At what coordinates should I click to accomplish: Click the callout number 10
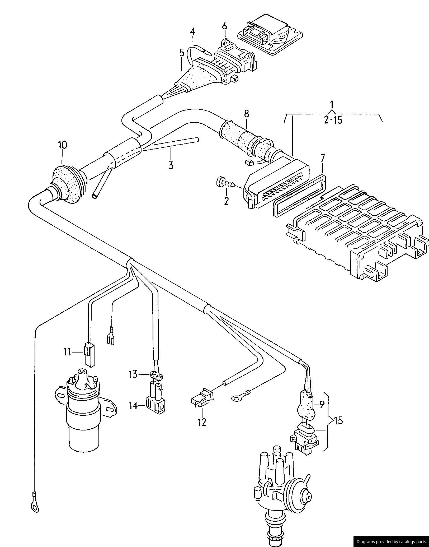(63, 145)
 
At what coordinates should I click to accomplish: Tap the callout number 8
(246, 114)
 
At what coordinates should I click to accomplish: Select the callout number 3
(171, 165)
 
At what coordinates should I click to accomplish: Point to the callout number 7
(322, 159)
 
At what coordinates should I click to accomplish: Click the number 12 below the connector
(202, 423)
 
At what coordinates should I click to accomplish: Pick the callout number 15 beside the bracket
(338, 420)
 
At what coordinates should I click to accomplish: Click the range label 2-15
(333, 120)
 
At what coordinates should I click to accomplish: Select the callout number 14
(133, 405)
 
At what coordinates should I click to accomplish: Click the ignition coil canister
(83, 420)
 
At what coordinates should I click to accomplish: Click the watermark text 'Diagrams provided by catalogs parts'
(391, 541)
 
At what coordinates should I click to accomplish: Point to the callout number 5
(182, 53)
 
